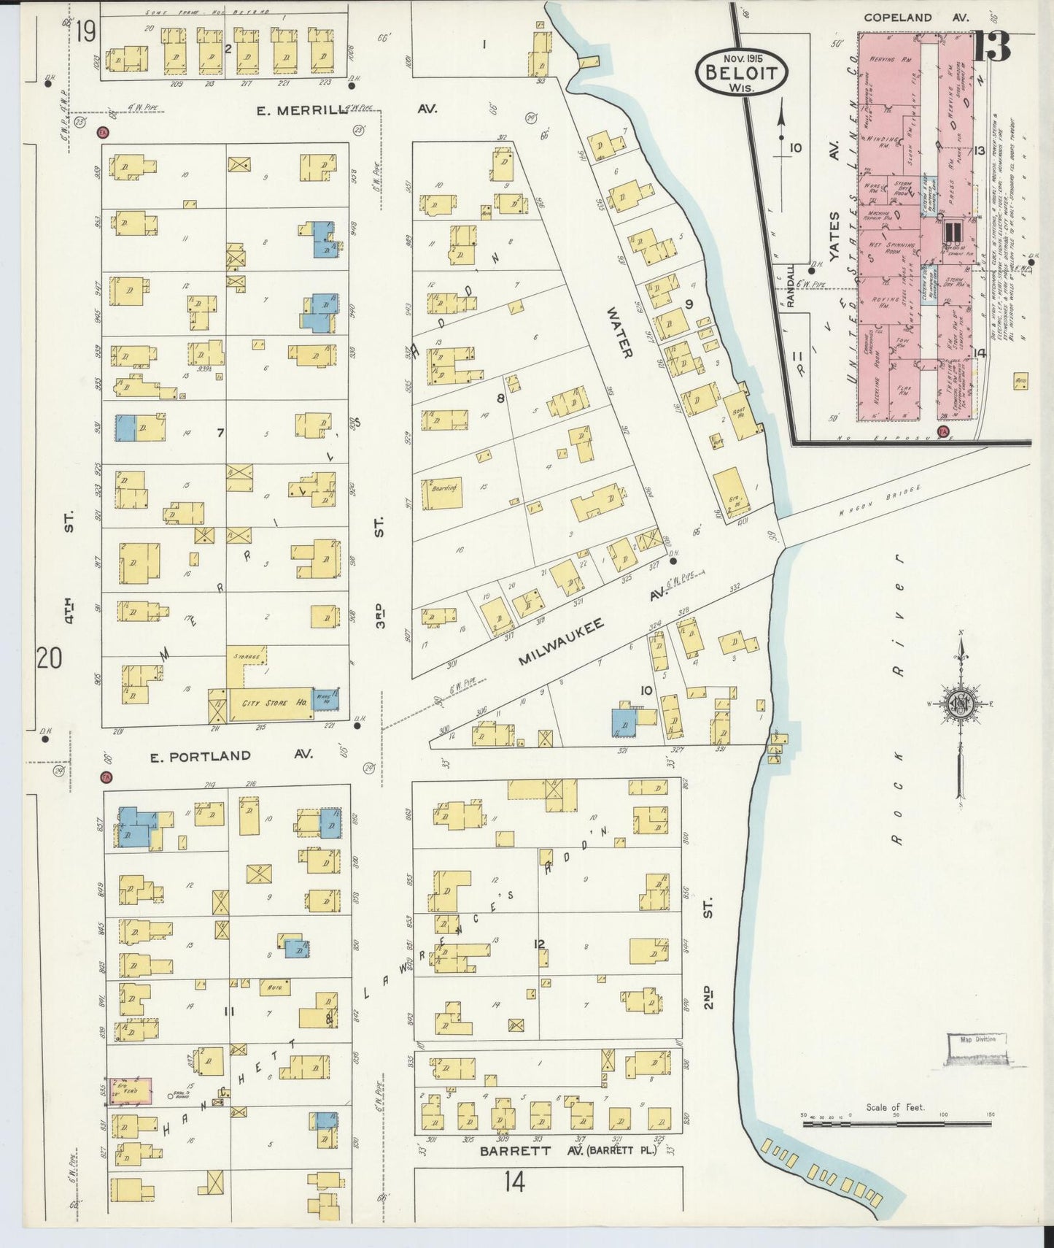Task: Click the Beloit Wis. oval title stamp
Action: coord(743,72)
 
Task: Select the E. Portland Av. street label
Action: coord(230,755)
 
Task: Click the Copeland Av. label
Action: coord(916,17)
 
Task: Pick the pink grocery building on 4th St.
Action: coord(131,1090)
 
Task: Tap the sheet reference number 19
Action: coord(85,31)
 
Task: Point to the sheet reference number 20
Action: coord(50,658)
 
